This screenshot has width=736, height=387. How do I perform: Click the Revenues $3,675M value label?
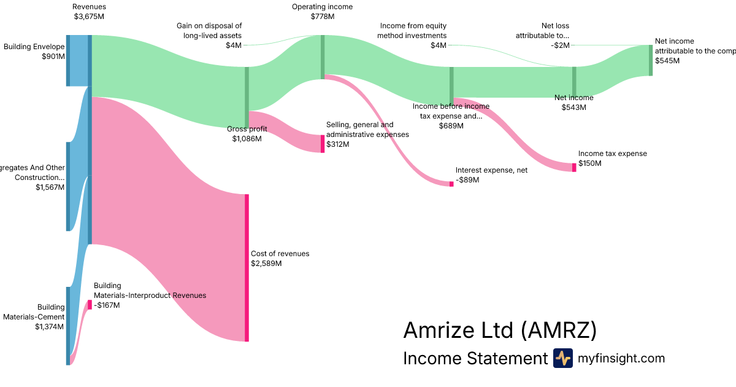point(89,17)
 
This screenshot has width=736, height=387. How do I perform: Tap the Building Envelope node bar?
point(68,61)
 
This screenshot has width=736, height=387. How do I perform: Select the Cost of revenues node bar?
point(247,268)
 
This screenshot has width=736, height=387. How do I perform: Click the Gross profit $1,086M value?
point(247,139)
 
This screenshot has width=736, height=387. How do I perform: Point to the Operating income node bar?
point(322,57)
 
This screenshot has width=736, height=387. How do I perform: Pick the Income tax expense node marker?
point(574,167)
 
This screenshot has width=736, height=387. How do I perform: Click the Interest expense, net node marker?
point(451,184)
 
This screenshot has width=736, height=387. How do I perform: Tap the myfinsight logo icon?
point(562,358)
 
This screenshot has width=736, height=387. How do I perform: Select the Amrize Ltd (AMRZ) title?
point(500,330)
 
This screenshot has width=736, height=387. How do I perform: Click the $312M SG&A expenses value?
point(338,144)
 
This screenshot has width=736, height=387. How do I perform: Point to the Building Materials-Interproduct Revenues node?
point(89,305)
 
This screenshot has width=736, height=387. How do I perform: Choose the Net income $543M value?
point(574,107)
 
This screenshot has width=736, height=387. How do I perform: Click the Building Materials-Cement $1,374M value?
point(50,327)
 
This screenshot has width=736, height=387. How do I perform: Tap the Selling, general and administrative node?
point(322,144)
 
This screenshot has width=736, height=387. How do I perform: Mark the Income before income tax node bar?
point(451,82)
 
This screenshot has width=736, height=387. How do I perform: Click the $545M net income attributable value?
point(667,61)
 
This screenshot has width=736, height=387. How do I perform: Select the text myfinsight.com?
point(621,358)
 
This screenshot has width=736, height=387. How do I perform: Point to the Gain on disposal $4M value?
point(233,45)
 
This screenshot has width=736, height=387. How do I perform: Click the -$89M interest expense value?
point(467,180)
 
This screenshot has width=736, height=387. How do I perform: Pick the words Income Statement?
point(475,358)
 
